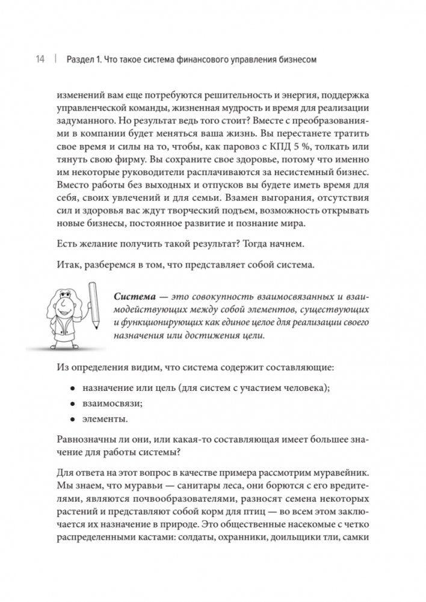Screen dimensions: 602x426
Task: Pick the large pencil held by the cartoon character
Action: coord(94,307)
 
